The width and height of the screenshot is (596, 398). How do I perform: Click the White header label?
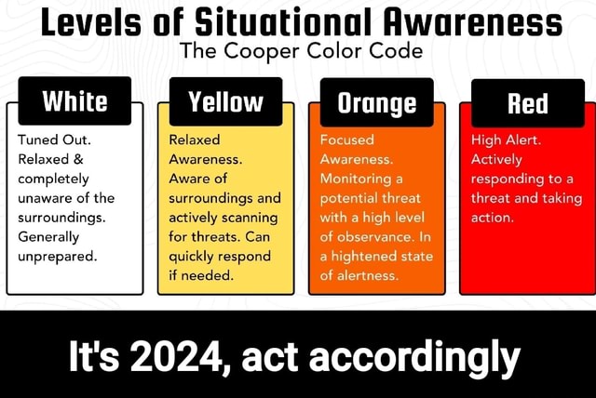pyautogui.click(x=74, y=101)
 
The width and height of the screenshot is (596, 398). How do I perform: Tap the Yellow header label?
pyautogui.click(x=226, y=101)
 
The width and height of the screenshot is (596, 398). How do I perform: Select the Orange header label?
pyautogui.click(x=376, y=102)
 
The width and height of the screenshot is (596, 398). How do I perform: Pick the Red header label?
pyautogui.click(x=528, y=102)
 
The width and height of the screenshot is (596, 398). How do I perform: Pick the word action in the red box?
pyautogui.click(x=492, y=218)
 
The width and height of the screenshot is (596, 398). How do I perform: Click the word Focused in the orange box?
pyautogui.click(x=346, y=139)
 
